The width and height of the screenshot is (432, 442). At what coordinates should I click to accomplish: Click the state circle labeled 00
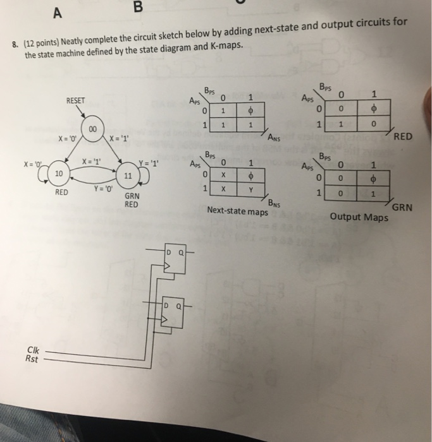pos(92,129)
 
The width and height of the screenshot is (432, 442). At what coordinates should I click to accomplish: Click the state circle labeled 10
pos(58,172)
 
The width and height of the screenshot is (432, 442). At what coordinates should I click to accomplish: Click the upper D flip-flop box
pos(173,261)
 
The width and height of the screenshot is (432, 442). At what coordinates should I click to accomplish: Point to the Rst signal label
pos(31,360)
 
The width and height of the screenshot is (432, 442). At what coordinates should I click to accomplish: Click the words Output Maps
pos(359,218)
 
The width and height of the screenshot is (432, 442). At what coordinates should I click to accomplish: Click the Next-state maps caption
pos(237,211)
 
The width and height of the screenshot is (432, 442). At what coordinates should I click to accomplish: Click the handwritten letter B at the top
pos(139,8)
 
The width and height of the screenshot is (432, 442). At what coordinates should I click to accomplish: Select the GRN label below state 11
pos(132,196)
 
